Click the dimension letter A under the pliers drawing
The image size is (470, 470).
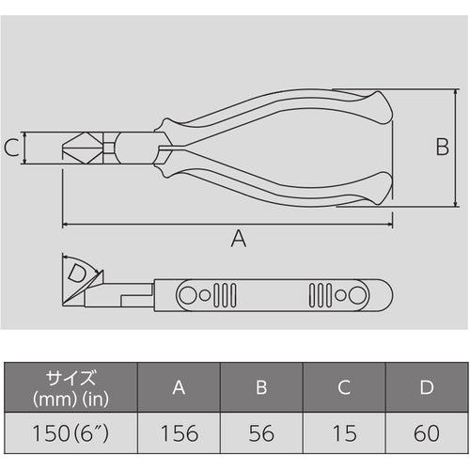[x=238, y=240]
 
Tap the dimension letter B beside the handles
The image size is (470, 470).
[x=441, y=147]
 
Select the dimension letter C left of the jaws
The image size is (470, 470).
[x=11, y=148]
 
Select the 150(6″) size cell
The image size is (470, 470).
[x=71, y=435]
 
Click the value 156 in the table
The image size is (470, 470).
[x=179, y=435]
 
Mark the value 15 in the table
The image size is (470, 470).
[x=343, y=435]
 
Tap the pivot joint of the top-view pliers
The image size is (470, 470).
[x=113, y=148]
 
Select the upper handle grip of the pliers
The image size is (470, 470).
[x=282, y=111]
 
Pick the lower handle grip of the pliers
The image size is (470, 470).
[x=282, y=183]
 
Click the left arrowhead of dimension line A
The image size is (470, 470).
[x=66, y=224]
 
